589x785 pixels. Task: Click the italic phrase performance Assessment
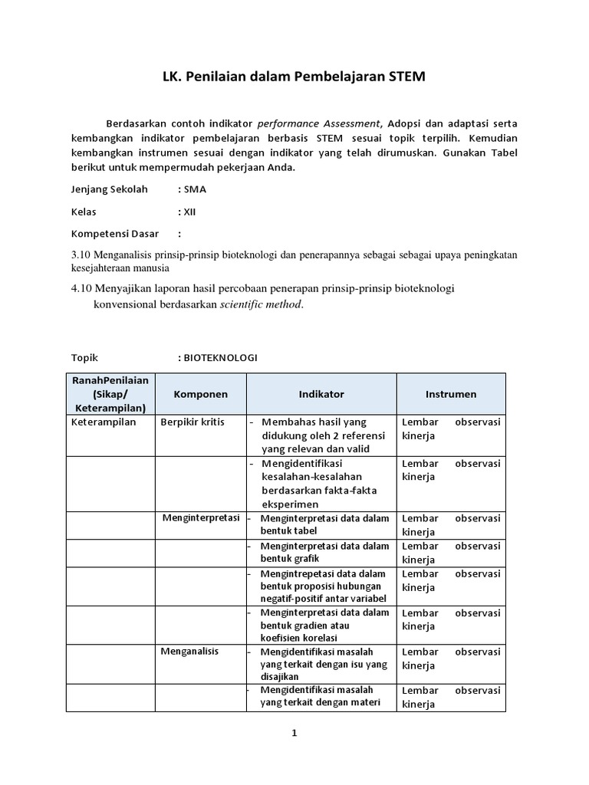pyautogui.click(x=318, y=123)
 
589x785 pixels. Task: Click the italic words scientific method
pyautogui.click(x=262, y=304)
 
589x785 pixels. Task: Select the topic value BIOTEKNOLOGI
pyautogui.click(x=220, y=358)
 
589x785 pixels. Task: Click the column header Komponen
pyautogui.click(x=200, y=394)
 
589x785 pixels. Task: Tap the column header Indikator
pyautogui.click(x=321, y=394)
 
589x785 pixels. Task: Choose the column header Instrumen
pyautogui.click(x=450, y=394)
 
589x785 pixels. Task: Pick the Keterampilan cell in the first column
pyautogui.click(x=104, y=422)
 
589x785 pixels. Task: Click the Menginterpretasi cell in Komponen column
pyautogui.click(x=201, y=518)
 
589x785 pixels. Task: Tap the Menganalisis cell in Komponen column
pyautogui.click(x=189, y=651)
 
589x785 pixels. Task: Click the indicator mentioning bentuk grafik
pyautogui.click(x=324, y=552)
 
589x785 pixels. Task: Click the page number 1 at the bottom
pyautogui.click(x=294, y=733)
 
